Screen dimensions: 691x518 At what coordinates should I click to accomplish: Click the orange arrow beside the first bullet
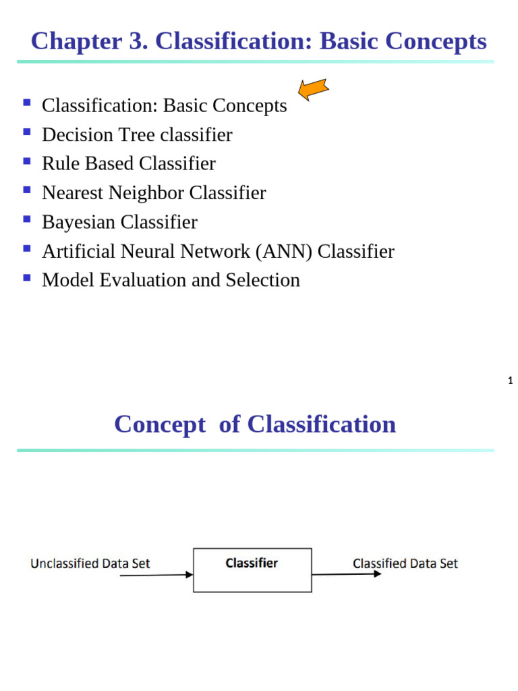313,89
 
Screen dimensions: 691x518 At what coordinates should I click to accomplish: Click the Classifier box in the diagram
252,570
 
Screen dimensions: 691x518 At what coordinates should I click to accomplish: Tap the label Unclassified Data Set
90,563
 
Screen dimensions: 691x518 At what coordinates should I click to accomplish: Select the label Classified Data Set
405,563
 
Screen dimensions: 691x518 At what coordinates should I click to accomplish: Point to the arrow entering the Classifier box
155,576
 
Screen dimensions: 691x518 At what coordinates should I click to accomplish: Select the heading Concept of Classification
255,424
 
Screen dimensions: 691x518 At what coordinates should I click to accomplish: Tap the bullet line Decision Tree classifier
137,135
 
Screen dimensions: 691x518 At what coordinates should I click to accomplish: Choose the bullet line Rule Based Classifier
129,164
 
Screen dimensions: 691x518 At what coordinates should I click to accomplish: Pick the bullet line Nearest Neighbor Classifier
154,193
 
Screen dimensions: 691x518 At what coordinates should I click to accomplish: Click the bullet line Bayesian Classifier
119,222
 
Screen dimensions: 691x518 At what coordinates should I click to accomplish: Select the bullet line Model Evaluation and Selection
171,280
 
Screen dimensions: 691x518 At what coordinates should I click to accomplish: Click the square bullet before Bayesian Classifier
27,219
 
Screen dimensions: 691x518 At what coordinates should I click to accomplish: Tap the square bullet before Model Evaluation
27,277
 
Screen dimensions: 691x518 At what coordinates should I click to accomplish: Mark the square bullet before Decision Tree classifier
27,132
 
